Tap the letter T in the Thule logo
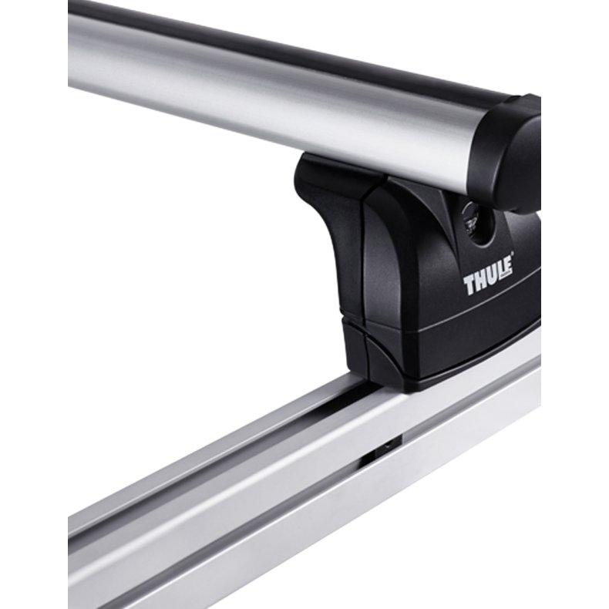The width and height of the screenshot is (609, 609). point(469,285)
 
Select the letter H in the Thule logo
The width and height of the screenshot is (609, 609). point(479,281)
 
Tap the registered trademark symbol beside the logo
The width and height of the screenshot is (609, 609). point(513,254)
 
